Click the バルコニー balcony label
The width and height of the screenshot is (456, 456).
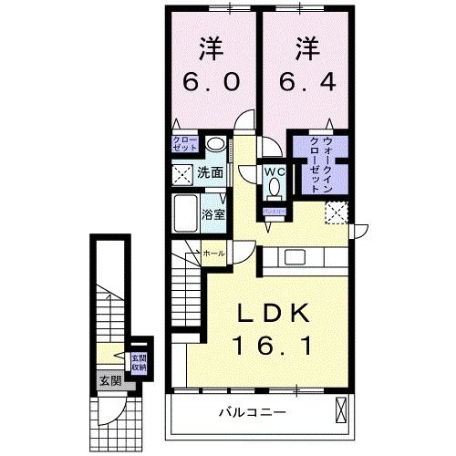(252, 412)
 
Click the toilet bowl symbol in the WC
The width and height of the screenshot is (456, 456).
(274, 189)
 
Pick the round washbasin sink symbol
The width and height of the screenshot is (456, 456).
(215, 144)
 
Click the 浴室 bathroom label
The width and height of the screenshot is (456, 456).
(214, 216)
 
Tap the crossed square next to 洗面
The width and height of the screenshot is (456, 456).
(182, 171)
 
